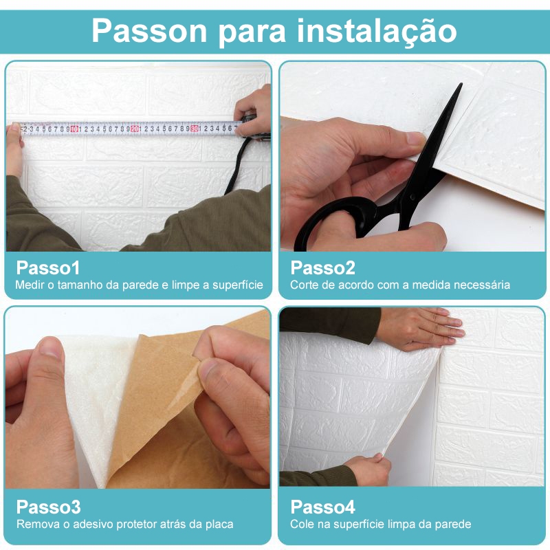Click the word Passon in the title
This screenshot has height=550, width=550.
coord(149,31)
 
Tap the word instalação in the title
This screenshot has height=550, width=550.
coord(377,32)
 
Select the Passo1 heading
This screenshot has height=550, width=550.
coord(48,267)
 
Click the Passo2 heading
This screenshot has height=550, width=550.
coord(322,267)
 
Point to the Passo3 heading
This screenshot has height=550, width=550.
coord(48,507)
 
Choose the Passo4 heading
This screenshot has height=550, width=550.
coord(322,507)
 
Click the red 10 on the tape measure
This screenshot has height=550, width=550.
coord(74,129)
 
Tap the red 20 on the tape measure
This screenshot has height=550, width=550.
coord(134,129)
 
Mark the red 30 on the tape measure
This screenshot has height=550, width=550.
coord(195,129)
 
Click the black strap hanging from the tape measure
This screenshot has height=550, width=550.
coord(236,165)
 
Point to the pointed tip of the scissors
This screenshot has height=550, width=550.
coord(461,84)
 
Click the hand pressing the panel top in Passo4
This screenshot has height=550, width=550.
coord(421,329)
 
